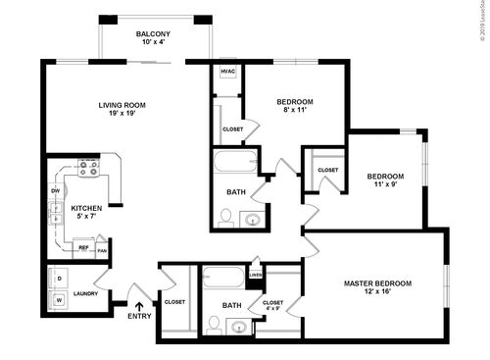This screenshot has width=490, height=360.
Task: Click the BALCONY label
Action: coord(152,34)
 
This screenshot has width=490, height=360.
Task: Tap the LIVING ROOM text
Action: coord(122,104)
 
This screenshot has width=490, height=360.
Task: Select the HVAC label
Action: coord(226,72)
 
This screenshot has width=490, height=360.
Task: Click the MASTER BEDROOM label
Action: coord(377,283)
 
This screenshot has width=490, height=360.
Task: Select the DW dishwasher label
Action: coord(56,190)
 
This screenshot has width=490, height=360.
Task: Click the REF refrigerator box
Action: coord(83,249)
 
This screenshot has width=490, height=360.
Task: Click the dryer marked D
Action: coord(59,279)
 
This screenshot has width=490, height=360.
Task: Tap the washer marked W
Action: coord(59,301)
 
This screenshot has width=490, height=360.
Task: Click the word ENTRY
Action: coord(140,315)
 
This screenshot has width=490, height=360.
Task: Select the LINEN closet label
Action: coord(256,275)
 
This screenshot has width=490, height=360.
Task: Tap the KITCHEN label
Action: coord(87,208)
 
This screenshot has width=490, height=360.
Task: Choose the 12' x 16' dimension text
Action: coord(377,293)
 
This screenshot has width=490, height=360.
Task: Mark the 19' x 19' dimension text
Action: coord(122,114)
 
